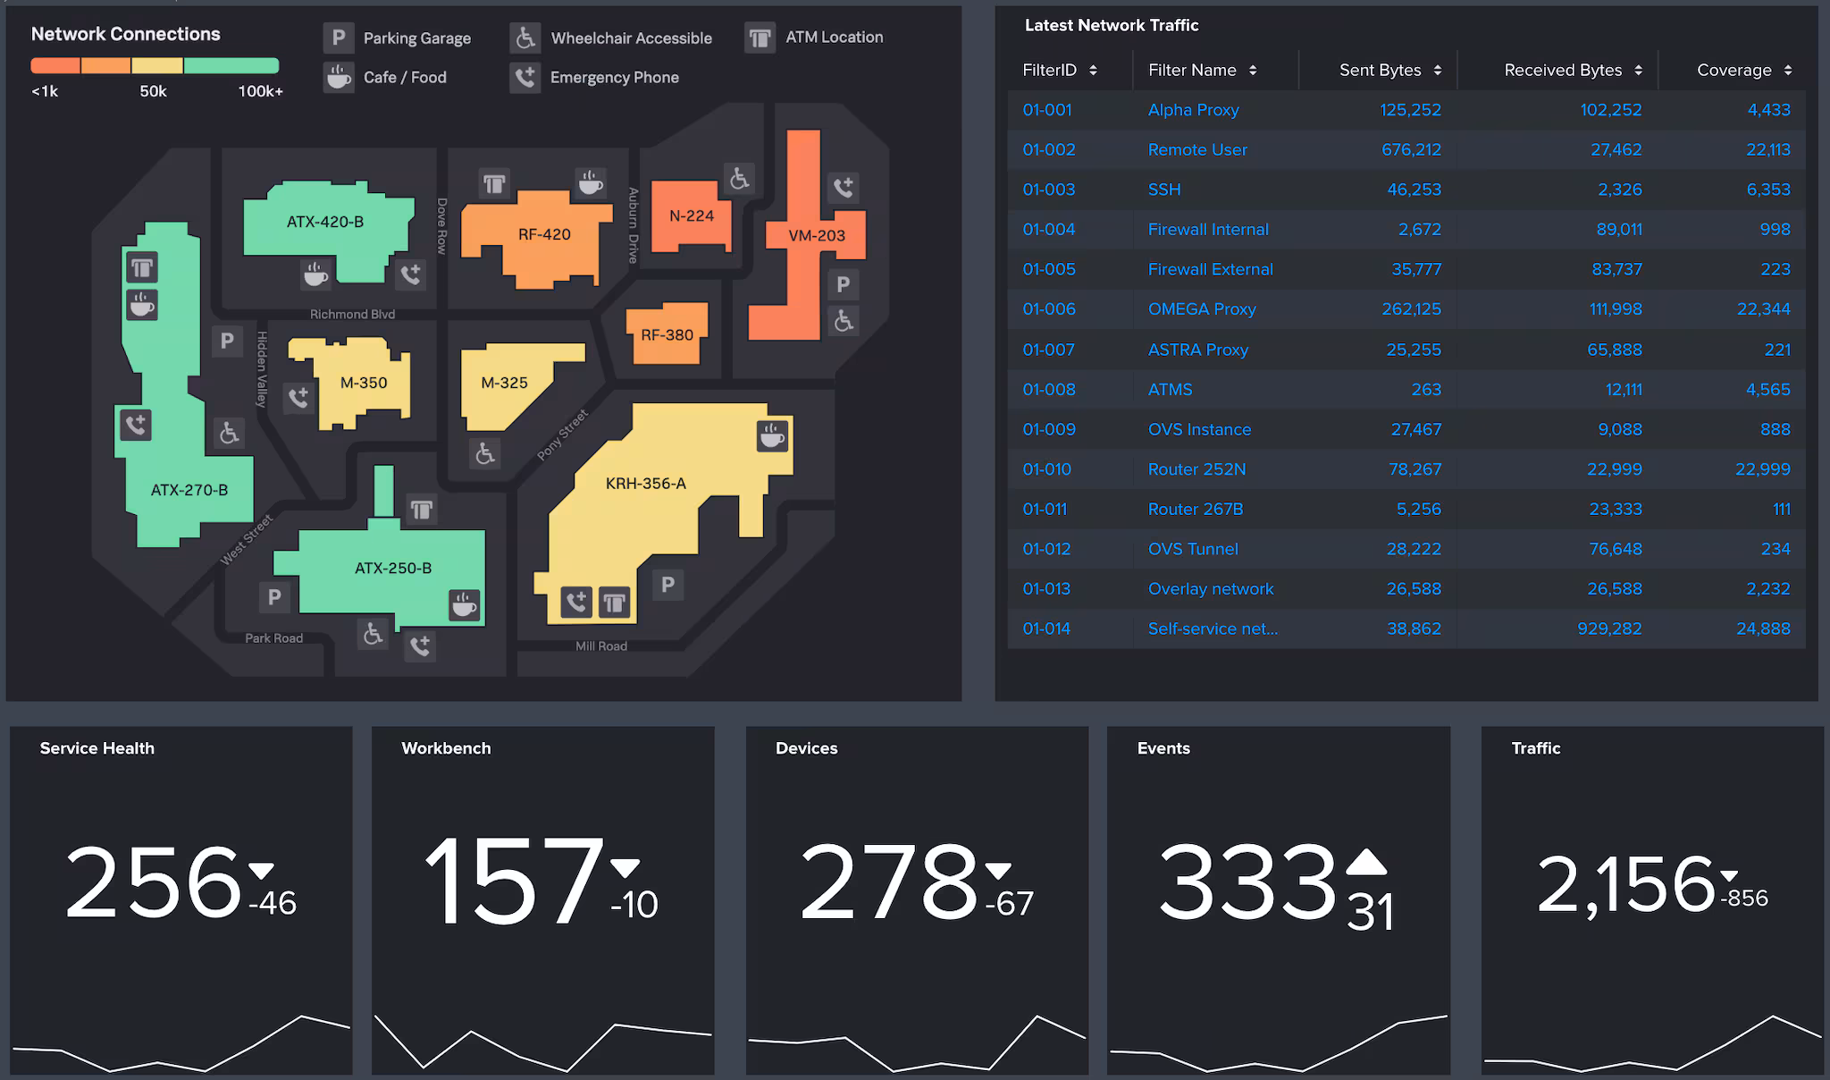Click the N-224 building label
click(692, 215)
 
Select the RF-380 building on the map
click(667, 334)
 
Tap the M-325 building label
click(504, 383)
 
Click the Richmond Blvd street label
click(352, 314)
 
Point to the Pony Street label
click(562, 435)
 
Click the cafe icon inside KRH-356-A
click(772, 436)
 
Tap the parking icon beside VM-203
click(843, 284)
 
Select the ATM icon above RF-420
click(494, 184)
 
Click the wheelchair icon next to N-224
click(739, 179)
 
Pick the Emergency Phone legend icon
click(525, 78)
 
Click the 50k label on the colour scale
click(153, 91)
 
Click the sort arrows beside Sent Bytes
click(1437, 70)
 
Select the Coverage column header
click(1733, 70)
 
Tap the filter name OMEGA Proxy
click(1202, 309)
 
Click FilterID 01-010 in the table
click(1046, 469)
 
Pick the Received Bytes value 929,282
click(1609, 629)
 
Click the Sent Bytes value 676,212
click(1411, 149)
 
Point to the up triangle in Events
click(1365, 863)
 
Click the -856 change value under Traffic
click(1744, 899)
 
